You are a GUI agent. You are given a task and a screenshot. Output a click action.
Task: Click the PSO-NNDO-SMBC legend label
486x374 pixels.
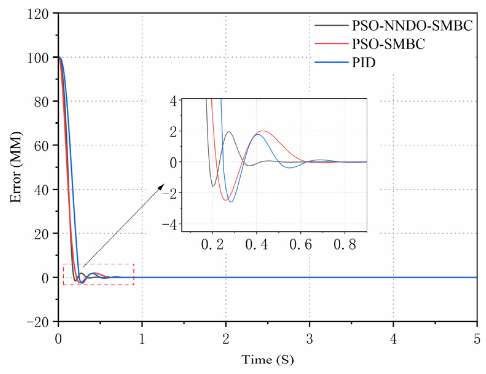pyautogui.click(x=412, y=26)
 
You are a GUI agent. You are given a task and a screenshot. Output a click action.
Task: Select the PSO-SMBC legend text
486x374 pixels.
pyautogui.click(x=388, y=44)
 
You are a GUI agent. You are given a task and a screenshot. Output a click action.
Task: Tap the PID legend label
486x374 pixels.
pyautogui.click(x=364, y=62)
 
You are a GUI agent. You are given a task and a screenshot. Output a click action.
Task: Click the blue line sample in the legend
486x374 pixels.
pyautogui.click(x=331, y=62)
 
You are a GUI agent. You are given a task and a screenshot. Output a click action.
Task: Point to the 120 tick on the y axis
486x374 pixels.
pyautogui.click(x=38, y=14)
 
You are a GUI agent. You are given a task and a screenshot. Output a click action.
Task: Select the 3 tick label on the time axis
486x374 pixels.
pyautogui.click(x=309, y=339)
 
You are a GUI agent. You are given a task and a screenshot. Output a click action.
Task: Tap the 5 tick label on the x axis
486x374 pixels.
pyautogui.click(x=476, y=339)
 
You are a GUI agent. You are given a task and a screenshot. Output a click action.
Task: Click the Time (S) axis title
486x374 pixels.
pyautogui.click(x=267, y=360)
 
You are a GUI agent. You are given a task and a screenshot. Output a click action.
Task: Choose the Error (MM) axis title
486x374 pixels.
pyautogui.click(x=16, y=167)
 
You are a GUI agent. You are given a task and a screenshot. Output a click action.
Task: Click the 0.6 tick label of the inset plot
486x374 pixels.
pyautogui.click(x=300, y=245)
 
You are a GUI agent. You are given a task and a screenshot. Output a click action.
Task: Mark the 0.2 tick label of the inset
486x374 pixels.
pyautogui.click(x=212, y=245)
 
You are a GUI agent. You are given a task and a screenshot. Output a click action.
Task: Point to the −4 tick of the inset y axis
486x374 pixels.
pyautogui.click(x=170, y=225)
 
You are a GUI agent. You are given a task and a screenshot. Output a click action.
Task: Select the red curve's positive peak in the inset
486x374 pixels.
pyautogui.click(x=263, y=131)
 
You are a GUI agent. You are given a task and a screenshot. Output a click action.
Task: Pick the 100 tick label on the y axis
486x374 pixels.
pyautogui.click(x=38, y=58)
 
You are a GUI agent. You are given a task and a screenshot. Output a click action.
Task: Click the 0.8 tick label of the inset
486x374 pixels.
pyautogui.click(x=345, y=245)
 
